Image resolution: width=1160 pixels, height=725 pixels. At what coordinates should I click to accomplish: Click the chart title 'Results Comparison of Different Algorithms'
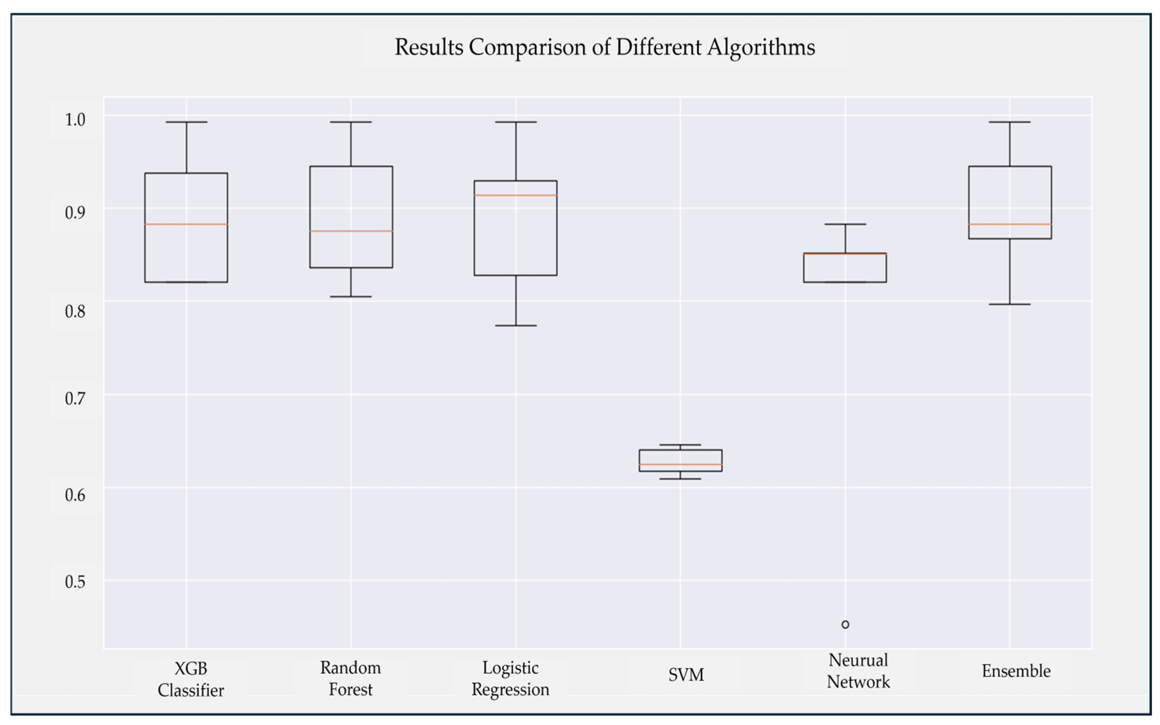[x=605, y=47]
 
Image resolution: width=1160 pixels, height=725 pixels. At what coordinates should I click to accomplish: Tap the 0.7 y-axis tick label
[x=75, y=398]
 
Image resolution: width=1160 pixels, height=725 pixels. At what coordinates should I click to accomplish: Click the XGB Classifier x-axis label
[x=191, y=679]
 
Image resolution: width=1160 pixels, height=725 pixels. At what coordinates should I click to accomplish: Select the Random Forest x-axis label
[x=350, y=678]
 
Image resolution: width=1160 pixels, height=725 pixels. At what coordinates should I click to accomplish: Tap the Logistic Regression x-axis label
[x=510, y=678]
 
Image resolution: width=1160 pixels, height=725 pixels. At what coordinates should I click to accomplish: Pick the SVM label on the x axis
[x=686, y=675]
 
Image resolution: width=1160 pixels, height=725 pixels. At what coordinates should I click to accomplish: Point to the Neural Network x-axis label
[x=858, y=671]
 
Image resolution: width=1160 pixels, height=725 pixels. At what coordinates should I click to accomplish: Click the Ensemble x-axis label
[x=1016, y=671]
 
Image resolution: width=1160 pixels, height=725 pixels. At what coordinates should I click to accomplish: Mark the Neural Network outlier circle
[x=845, y=624]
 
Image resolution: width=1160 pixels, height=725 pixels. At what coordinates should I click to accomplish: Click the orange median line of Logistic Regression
[x=515, y=195]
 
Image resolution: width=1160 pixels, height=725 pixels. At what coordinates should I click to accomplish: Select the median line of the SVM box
[x=680, y=464]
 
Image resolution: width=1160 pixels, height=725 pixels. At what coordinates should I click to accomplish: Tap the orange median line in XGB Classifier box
[x=186, y=224]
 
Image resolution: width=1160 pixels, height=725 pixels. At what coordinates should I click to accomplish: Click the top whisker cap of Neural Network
[x=845, y=224]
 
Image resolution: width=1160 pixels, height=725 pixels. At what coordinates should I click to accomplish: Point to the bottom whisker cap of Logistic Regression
[x=515, y=326]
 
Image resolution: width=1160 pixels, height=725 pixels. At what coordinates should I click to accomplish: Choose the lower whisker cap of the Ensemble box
[x=1010, y=304]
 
